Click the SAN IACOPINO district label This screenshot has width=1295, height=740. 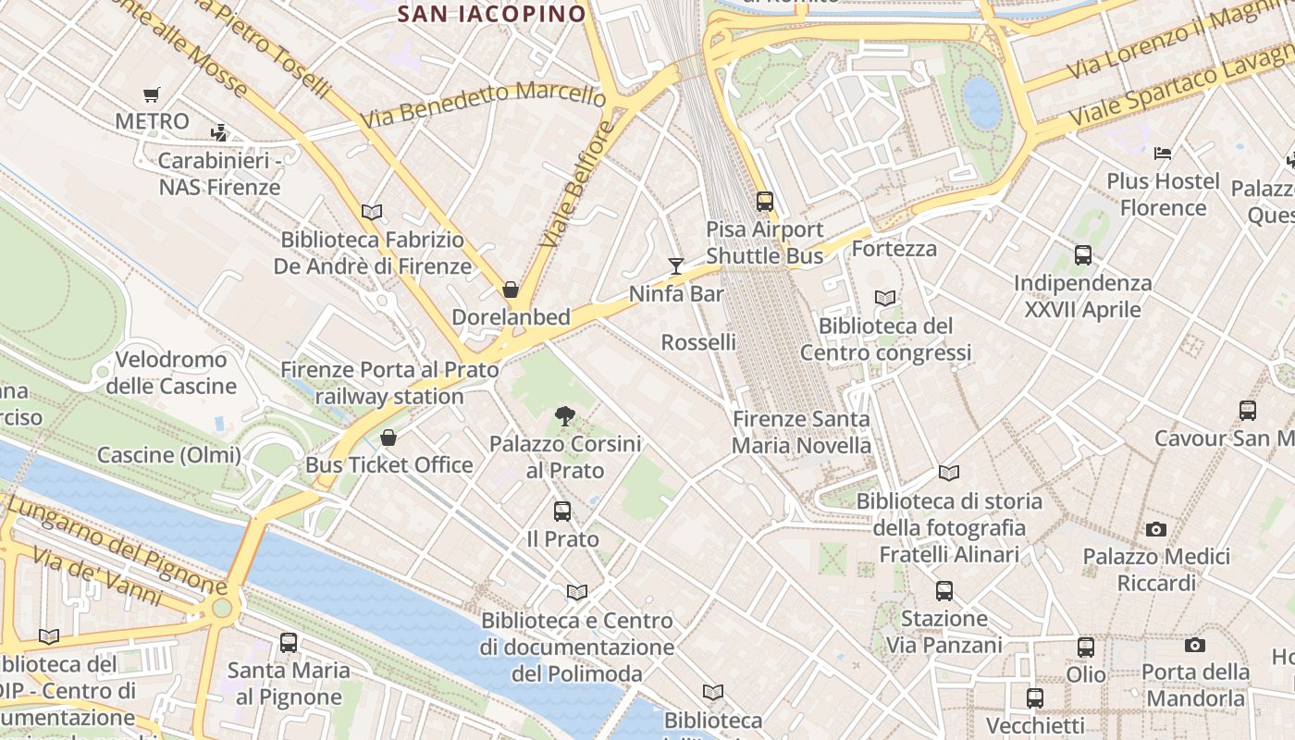coord(492,14)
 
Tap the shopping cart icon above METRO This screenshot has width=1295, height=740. coord(152,94)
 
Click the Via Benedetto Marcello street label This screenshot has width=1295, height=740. coord(483,104)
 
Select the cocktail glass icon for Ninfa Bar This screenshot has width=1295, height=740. coord(676,266)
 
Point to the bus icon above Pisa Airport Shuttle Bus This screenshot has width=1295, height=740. coord(764,201)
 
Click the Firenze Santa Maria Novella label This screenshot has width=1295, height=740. coord(801,432)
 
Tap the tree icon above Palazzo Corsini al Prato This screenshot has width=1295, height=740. coord(564,416)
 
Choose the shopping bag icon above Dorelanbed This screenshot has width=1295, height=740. coord(510,290)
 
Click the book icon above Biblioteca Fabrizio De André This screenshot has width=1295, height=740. coord(372,213)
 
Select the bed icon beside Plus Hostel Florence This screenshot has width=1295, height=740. coord(1163,153)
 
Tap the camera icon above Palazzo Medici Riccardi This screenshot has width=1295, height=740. coord(1155,530)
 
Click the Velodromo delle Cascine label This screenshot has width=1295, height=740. coord(171,373)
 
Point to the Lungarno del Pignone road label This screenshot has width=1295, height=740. coord(117,545)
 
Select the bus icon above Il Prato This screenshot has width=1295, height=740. coord(561,512)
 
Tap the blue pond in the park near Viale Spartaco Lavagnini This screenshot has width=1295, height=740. coord(982,102)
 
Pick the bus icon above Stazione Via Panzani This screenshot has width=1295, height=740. coord(943,591)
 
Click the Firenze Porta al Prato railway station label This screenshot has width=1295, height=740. coord(389,383)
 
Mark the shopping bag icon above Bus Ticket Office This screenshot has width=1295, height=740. coord(388,438)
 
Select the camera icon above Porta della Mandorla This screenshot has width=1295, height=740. coord(1194,645)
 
